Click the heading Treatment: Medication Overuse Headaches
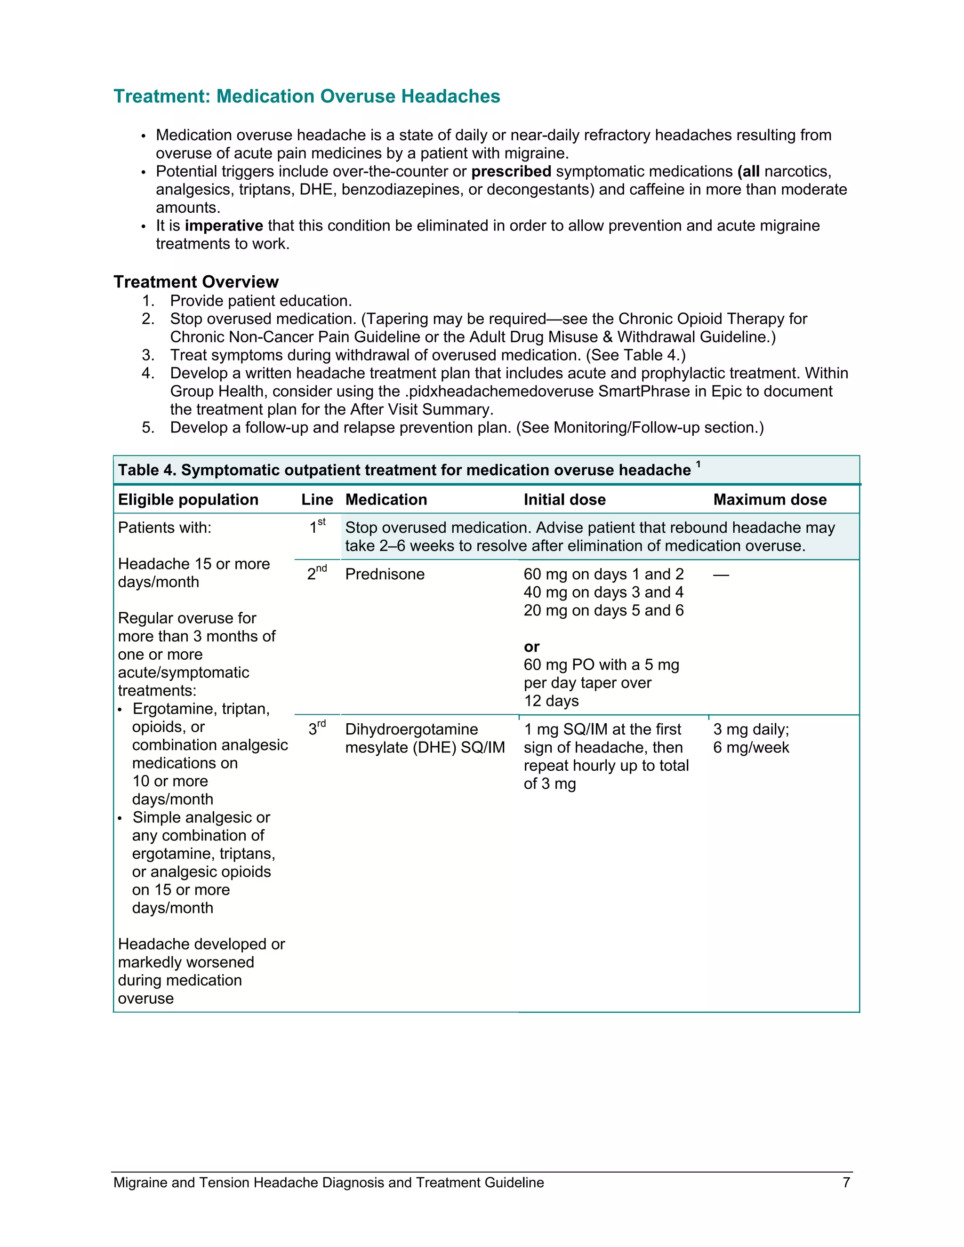pyautogui.click(x=307, y=96)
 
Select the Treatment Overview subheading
pyautogui.click(x=196, y=281)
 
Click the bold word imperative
pyautogui.click(x=224, y=225)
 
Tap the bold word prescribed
pyautogui.click(x=511, y=171)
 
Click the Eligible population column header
pyautogui.click(x=188, y=500)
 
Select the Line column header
pyautogui.click(x=317, y=500)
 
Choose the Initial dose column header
pyautogui.click(x=564, y=500)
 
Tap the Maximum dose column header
pyautogui.click(x=770, y=500)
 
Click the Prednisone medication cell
pyautogui.click(x=385, y=575)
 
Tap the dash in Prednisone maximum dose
pyautogui.click(x=721, y=575)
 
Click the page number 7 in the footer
pyautogui.click(x=846, y=1182)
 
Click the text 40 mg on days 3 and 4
pyautogui.click(x=603, y=592)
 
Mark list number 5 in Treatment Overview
pyautogui.click(x=148, y=428)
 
